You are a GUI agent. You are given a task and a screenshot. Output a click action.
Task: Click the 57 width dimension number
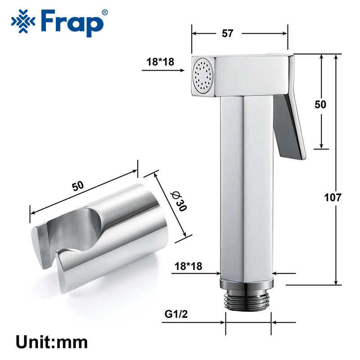click(x=227, y=33)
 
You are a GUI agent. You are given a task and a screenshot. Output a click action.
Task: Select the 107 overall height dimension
click(x=333, y=198)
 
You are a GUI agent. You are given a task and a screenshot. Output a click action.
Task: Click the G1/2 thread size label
click(x=176, y=314)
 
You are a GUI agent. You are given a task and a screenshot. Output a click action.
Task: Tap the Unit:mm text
click(x=52, y=342)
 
